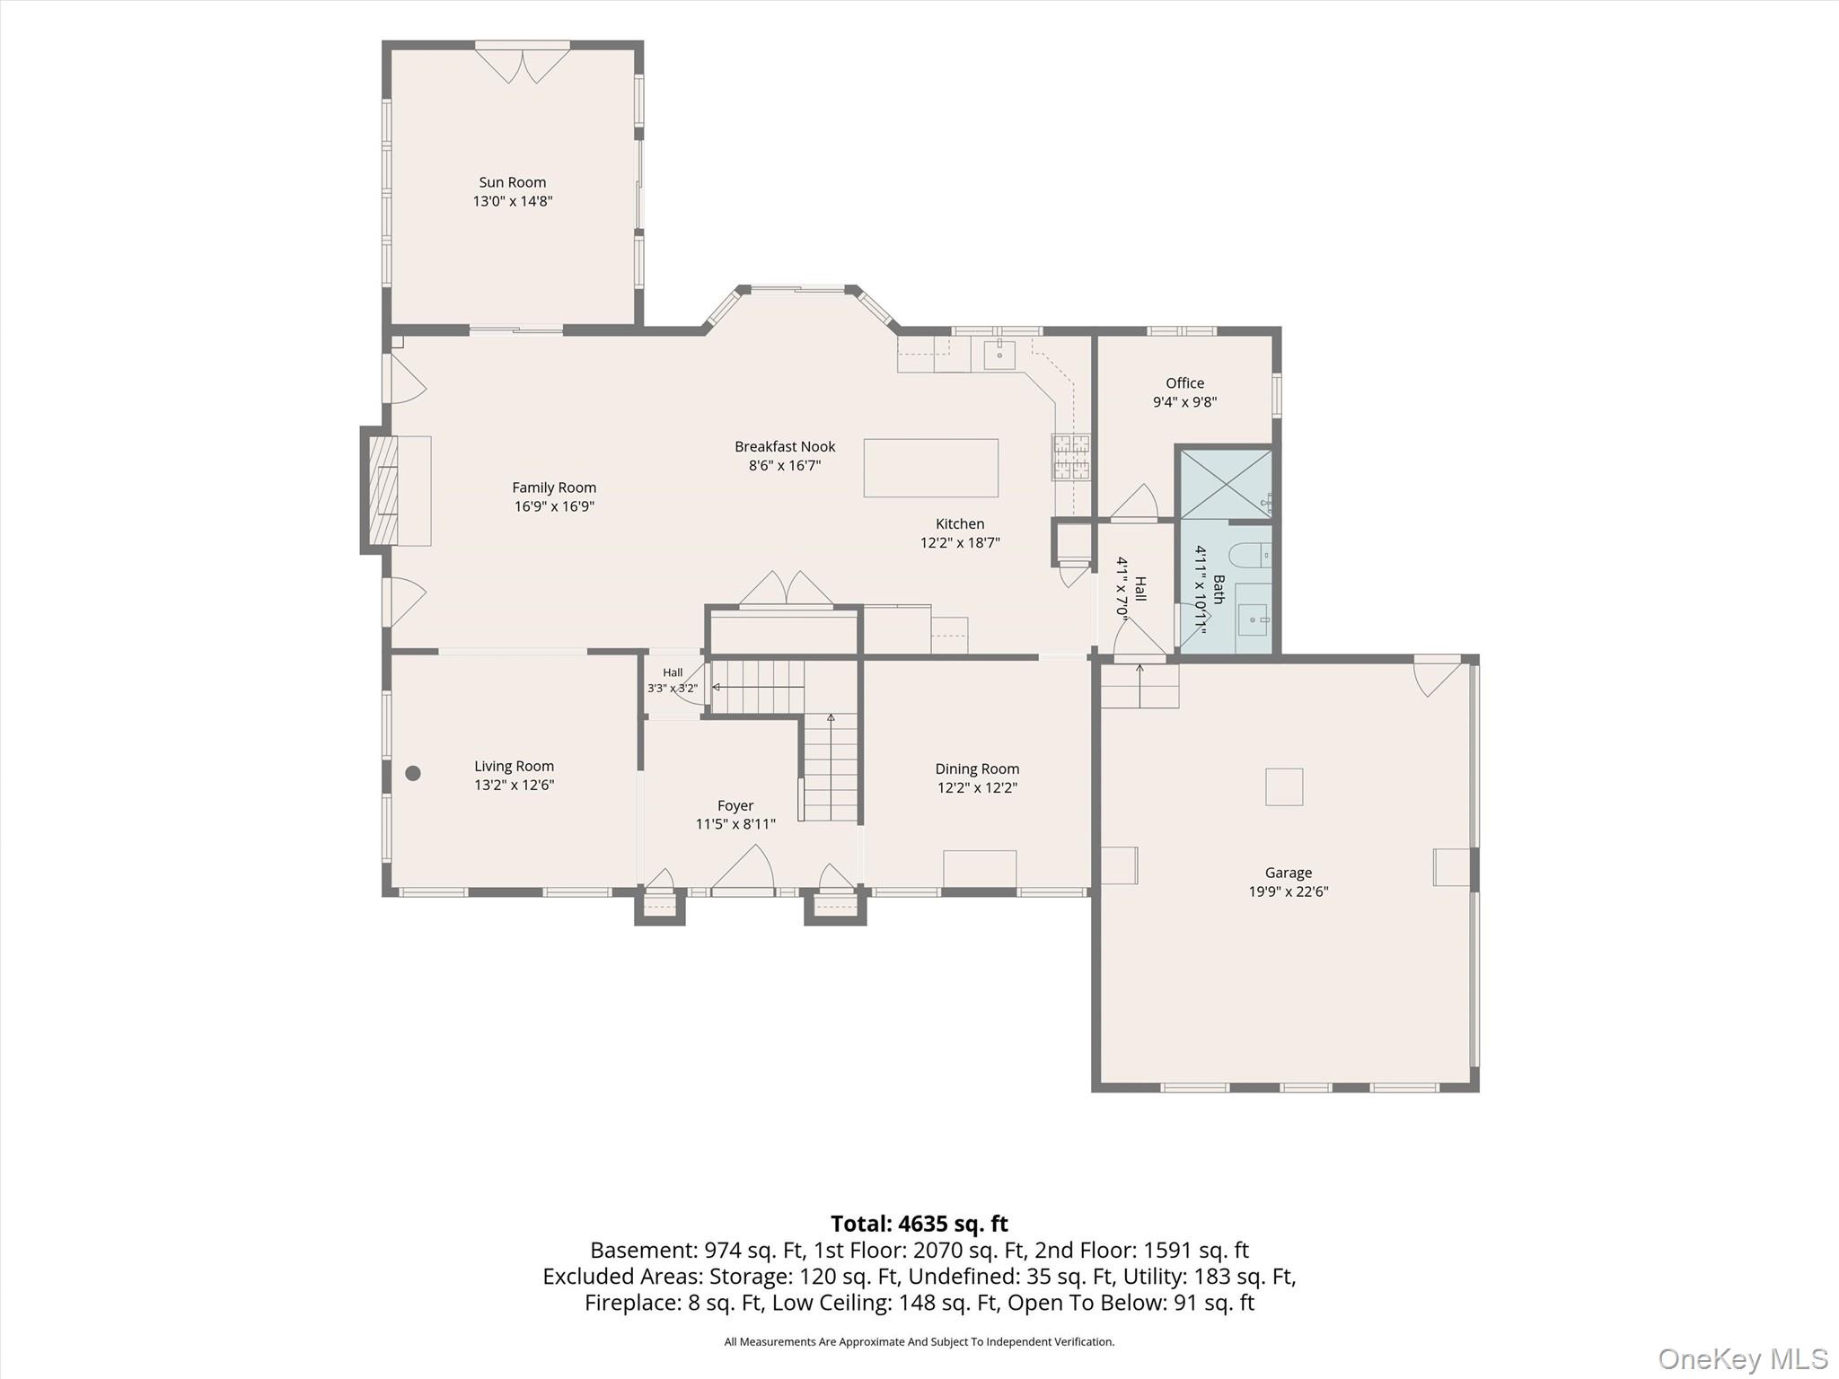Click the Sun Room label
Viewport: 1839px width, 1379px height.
coord(512,182)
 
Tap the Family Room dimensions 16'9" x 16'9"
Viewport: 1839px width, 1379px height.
coord(554,506)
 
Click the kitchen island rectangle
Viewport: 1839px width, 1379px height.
coord(930,468)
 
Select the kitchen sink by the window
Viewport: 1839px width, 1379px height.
coord(999,355)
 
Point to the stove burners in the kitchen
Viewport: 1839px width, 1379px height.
coord(1071,457)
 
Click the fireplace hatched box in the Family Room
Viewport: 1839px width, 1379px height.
coord(384,490)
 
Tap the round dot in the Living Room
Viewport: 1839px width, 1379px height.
coord(413,773)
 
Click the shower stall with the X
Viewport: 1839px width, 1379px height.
coord(1225,485)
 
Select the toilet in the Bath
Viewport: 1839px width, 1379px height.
coord(1248,557)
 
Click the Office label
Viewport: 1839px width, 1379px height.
coord(1184,383)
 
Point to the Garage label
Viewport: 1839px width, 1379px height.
coord(1289,873)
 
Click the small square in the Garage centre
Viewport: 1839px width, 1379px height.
coord(1284,786)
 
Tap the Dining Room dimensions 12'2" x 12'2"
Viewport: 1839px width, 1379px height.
coord(977,788)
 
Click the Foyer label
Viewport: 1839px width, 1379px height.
coord(735,806)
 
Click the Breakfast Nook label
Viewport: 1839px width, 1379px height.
coord(785,446)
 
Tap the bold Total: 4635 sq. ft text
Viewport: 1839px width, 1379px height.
coord(919,1224)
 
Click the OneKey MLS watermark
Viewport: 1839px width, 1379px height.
coord(1742,1359)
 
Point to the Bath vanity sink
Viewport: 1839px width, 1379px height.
coord(1253,618)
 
